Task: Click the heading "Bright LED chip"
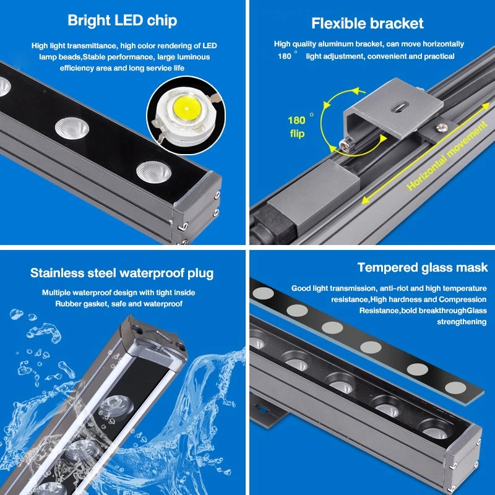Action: coord(122,20)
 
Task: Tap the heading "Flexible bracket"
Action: coord(368,24)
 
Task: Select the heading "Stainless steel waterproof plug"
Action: coord(122,273)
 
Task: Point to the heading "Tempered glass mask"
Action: coord(423,267)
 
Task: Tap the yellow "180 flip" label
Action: coord(297,127)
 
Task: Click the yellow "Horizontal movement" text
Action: coord(447,156)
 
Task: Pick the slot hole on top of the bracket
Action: coord(398,107)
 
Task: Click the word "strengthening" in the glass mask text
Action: coord(462,322)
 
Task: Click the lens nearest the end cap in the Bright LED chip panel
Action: coord(153,172)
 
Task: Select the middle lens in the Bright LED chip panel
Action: coord(72,128)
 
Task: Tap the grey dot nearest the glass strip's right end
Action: coord(455,388)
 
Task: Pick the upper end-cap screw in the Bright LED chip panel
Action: coord(217,196)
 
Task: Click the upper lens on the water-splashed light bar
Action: coord(115,405)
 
